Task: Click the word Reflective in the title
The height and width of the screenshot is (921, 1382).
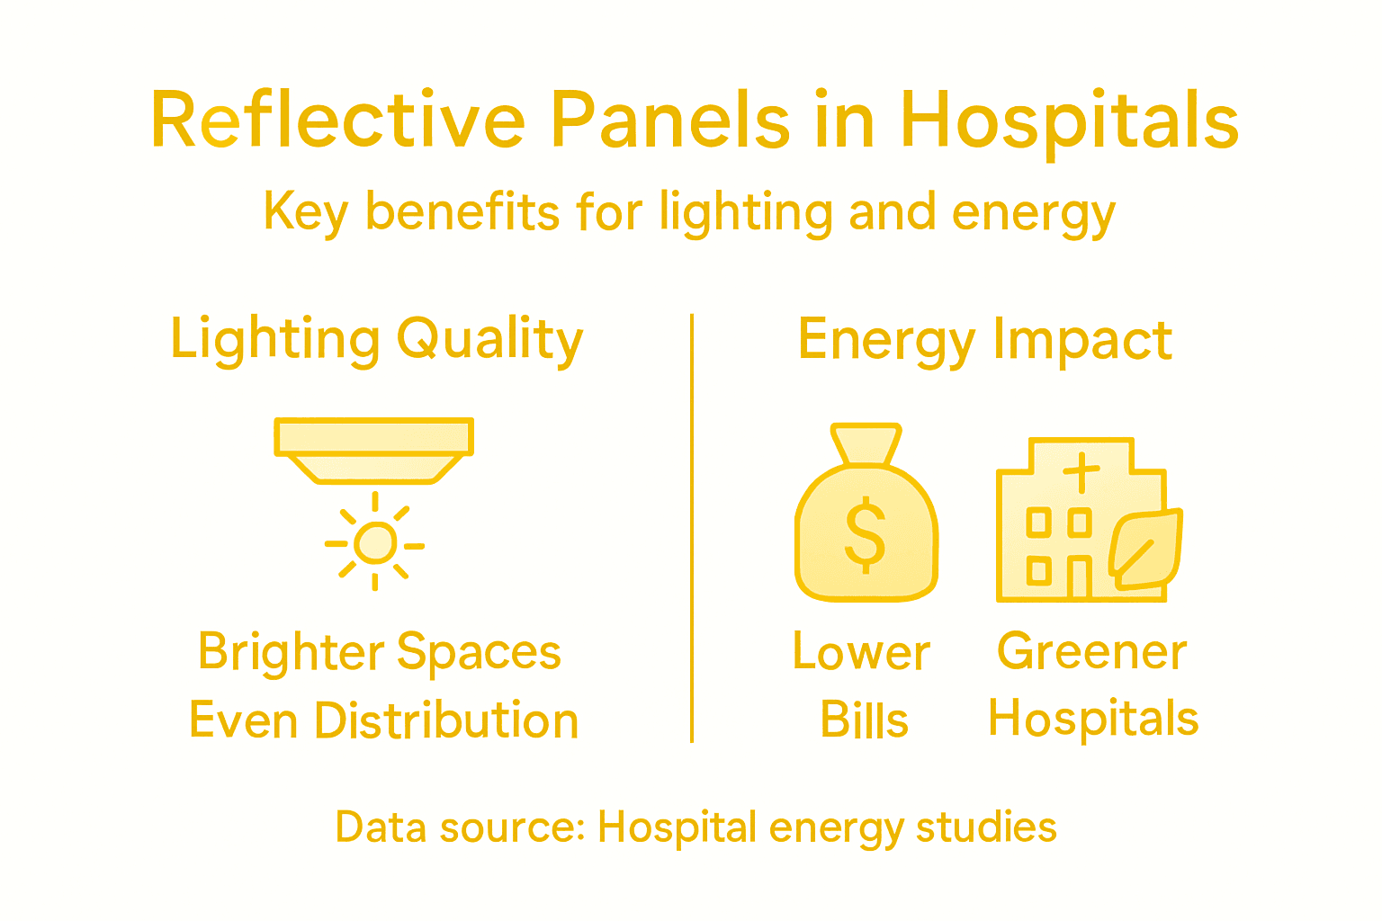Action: [337, 121]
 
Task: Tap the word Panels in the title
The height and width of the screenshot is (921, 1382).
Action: [669, 121]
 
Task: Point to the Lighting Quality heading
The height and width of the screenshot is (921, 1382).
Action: [377, 341]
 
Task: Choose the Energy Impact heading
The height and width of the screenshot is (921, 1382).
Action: [985, 341]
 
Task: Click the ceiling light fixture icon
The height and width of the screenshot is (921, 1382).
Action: [373, 450]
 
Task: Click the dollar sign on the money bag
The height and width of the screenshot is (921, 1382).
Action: [866, 534]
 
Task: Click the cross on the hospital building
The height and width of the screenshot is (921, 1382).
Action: [1081, 471]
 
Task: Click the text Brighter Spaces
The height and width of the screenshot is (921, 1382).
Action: [380, 652]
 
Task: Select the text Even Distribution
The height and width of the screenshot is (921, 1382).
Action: [383, 720]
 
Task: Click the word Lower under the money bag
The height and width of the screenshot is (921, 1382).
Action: [861, 652]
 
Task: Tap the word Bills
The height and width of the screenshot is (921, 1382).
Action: [865, 720]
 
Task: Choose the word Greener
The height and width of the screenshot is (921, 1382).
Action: [1091, 652]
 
